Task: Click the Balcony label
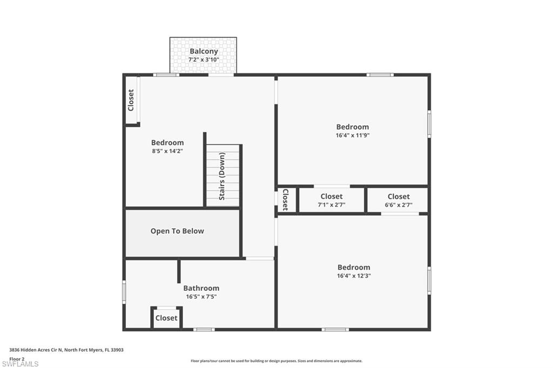point(204,51)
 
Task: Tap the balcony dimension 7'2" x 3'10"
point(204,59)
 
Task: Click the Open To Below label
point(177,231)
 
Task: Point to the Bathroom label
point(201,288)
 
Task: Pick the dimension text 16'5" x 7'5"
point(201,296)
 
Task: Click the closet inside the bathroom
point(166,318)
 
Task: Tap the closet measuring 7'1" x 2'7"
point(331,200)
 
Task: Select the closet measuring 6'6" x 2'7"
point(398,200)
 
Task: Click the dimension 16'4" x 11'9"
point(352,135)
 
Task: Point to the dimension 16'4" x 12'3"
point(354,276)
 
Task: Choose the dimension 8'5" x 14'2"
point(167,151)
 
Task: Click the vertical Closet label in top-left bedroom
point(131,100)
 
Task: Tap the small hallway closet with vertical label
point(285,200)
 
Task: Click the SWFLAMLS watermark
point(20,364)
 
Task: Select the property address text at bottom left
point(66,350)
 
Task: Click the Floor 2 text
point(17,358)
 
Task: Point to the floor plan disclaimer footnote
point(276,361)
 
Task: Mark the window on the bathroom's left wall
point(124,292)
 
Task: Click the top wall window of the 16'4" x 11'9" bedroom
point(380,74)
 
